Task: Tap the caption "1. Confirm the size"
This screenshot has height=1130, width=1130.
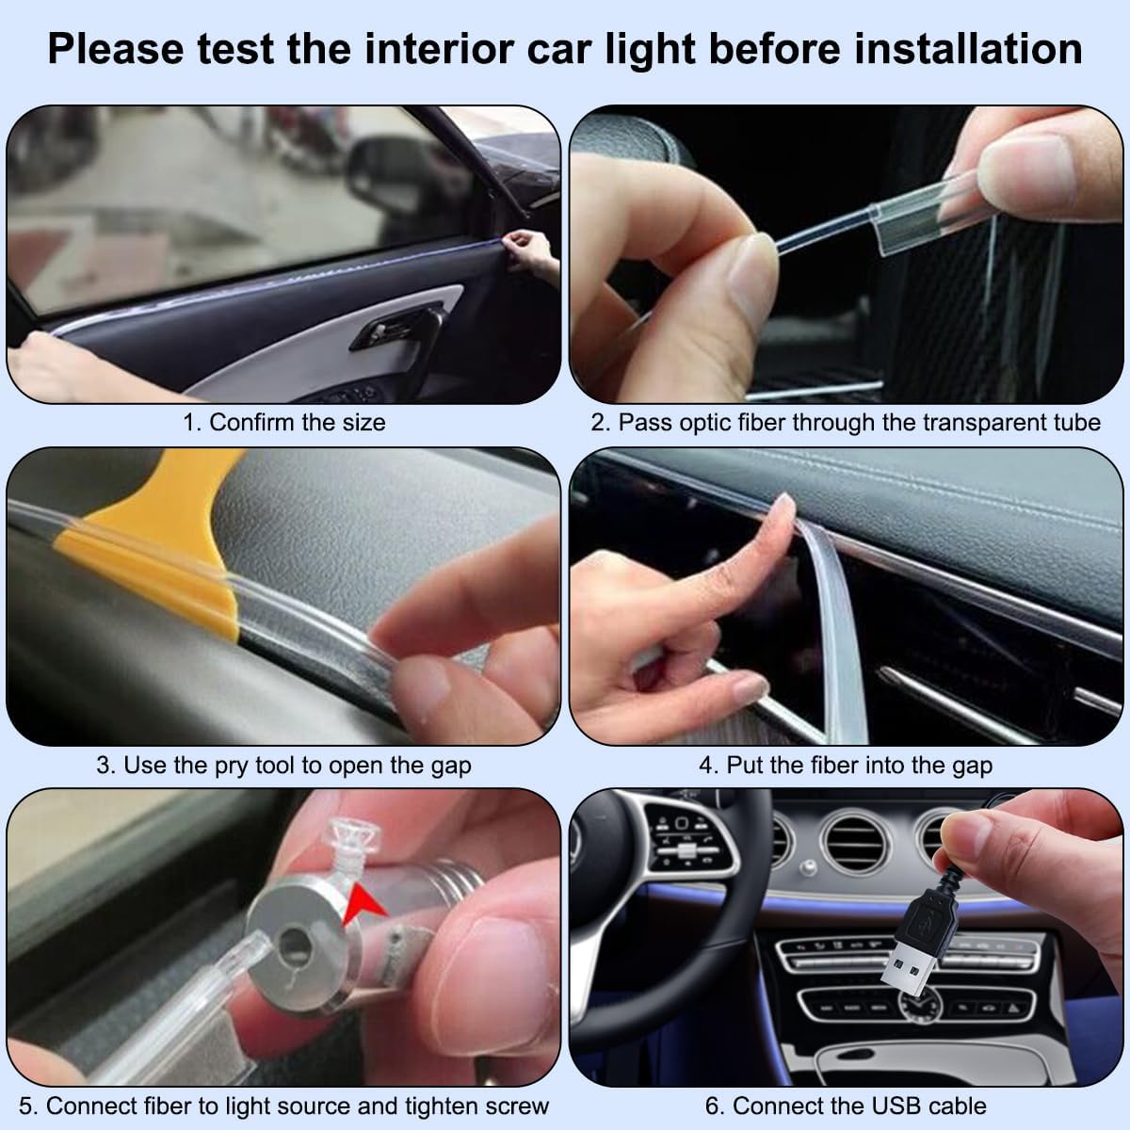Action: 283,422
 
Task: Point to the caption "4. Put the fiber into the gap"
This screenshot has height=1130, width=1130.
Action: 845,765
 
